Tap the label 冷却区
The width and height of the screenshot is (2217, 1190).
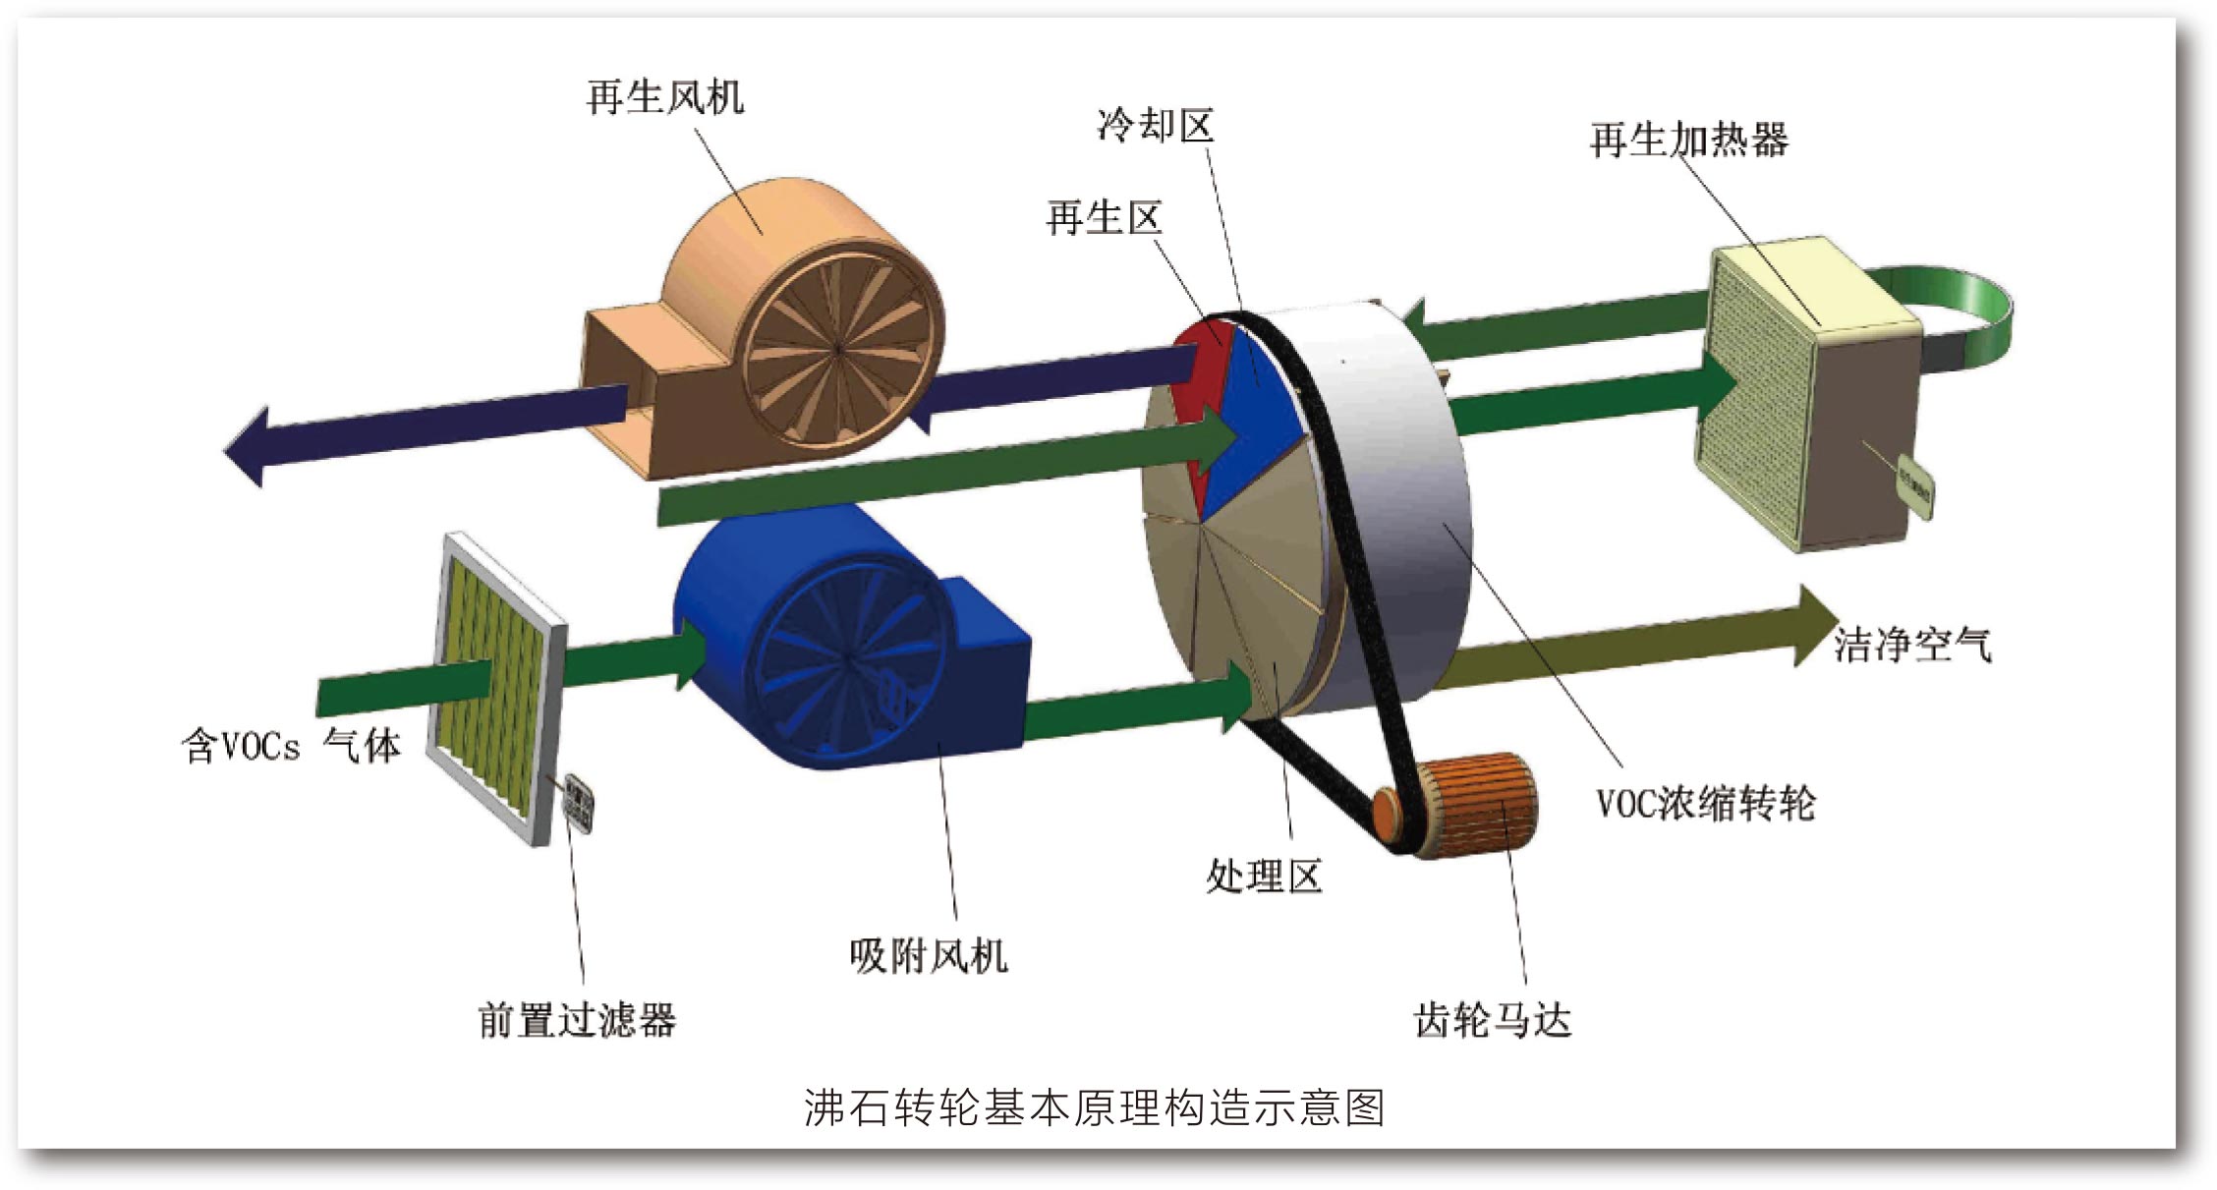tap(1156, 126)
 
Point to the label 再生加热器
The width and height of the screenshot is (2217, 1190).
tap(1689, 141)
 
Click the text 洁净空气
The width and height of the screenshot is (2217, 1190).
tap(1912, 646)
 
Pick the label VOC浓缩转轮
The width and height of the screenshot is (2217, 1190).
tap(1705, 804)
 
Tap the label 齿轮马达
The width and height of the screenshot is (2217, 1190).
tap(1493, 1021)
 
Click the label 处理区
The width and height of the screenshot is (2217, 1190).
tap(1264, 876)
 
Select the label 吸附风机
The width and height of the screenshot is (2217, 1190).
tap(929, 955)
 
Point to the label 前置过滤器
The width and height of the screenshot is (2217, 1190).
tap(578, 1021)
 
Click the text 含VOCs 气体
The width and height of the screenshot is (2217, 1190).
tap(292, 747)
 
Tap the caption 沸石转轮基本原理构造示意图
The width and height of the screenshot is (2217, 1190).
tap(1094, 1108)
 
